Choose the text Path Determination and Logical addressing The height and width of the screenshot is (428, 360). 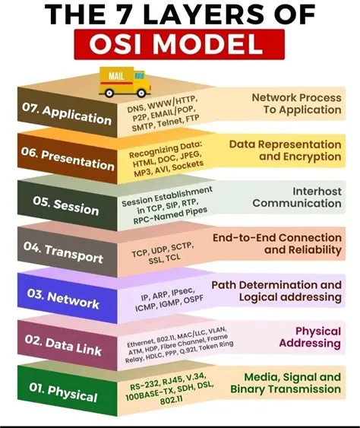click(276, 290)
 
